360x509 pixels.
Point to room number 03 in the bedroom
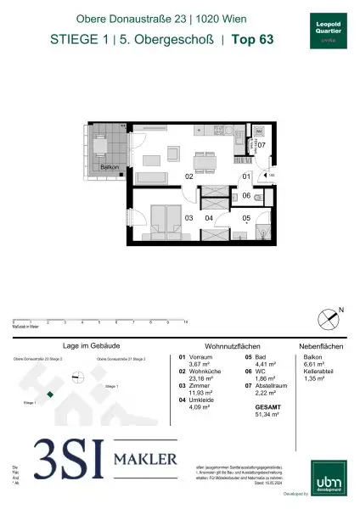coord(188,218)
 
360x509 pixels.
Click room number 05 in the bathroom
coord(246,217)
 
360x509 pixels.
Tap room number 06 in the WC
coord(245,196)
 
